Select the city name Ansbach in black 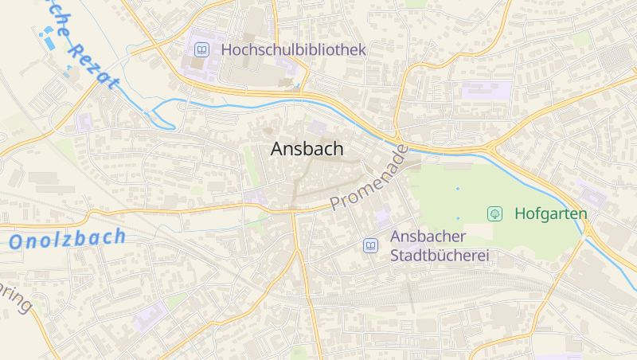(307, 149)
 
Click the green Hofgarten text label (551, 213)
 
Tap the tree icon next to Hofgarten (494, 213)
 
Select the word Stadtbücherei (440, 255)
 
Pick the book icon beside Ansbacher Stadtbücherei (370, 245)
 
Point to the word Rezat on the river (92, 64)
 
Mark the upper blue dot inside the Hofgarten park (458, 188)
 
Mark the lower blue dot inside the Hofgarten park (458, 217)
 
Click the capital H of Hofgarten (521, 213)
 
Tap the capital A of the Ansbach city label (278, 149)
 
